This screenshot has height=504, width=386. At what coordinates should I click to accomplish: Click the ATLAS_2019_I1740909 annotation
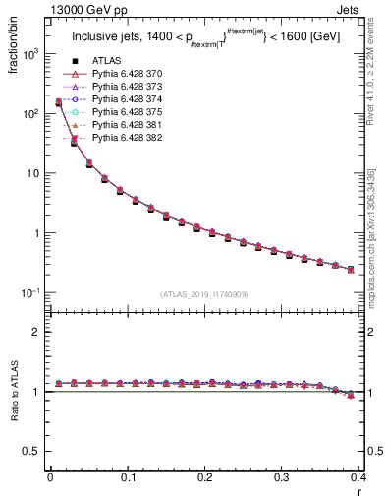(203, 293)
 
